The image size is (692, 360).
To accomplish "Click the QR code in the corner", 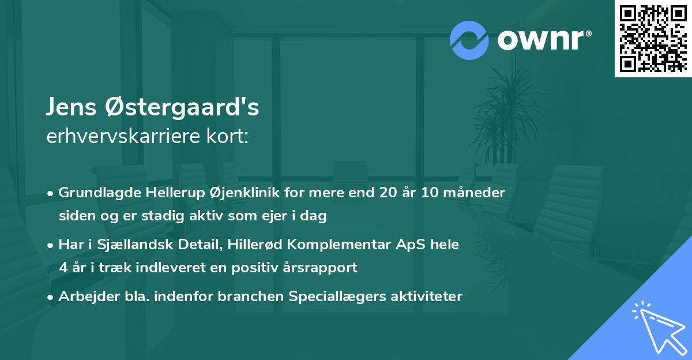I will point(653,38).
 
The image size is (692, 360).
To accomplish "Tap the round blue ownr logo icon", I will point(469,40).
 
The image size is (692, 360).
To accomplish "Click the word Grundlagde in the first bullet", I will point(95,193).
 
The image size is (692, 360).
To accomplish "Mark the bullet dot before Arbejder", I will point(51,297).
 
